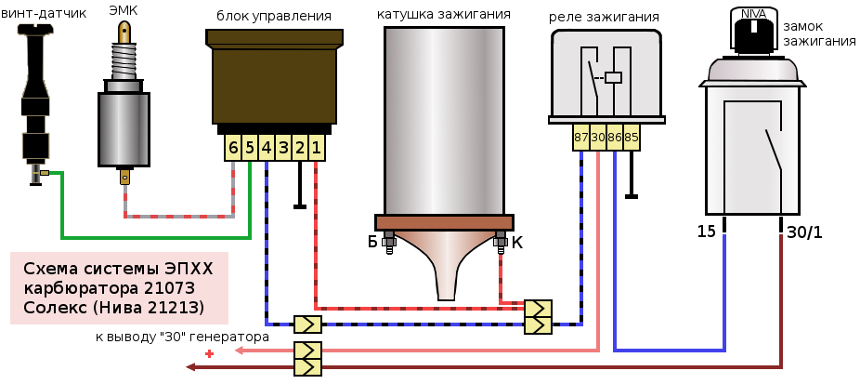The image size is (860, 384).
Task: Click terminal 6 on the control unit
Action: [x=233, y=148]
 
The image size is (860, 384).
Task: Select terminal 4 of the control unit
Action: [x=267, y=148]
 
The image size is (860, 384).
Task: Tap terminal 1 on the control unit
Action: [x=317, y=148]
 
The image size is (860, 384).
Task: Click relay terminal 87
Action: [x=580, y=138]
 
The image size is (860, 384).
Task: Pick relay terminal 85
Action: [x=632, y=138]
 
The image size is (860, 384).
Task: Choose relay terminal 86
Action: [x=615, y=138]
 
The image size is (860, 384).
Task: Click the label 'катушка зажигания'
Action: [x=444, y=15]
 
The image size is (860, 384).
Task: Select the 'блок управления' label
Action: [x=273, y=16]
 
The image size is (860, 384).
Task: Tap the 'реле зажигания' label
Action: [x=604, y=17]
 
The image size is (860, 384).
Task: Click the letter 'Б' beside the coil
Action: [x=372, y=243]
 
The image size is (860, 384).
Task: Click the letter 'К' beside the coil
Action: [x=517, y=243]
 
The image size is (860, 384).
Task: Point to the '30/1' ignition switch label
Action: [x=805, y=232]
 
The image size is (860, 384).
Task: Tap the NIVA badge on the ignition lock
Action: [x=754, y=14]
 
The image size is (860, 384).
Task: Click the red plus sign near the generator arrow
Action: [x=210, y=353]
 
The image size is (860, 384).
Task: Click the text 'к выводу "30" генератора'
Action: [x=182, y=337]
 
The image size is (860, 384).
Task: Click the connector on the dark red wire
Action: [x=307, y=367]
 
